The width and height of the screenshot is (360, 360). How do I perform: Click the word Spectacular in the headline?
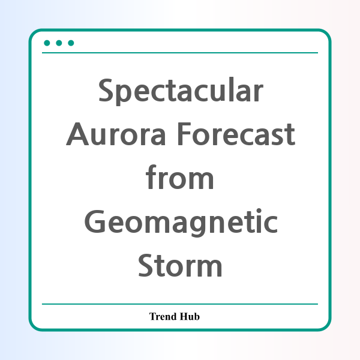pos(181,91)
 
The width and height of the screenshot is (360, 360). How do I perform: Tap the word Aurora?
pos(116,134)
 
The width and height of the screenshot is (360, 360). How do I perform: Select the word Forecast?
pos(236,134)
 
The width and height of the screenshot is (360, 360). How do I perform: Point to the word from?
pos(180,177)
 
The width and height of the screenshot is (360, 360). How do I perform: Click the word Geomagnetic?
pos(181,223)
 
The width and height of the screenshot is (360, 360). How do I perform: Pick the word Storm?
pos(180,265)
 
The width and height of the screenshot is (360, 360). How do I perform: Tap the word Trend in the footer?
pos(163,316)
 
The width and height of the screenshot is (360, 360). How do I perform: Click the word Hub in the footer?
pos(190,316)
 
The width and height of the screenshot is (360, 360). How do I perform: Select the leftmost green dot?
pos(47,43)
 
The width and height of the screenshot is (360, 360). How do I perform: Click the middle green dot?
pos(59,43)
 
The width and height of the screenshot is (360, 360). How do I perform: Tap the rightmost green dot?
pos(71,43)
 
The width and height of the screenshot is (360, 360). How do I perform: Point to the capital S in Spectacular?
pos(106,89)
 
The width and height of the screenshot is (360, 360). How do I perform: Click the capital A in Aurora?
pos(77,134)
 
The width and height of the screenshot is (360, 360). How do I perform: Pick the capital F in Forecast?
pos(184,134)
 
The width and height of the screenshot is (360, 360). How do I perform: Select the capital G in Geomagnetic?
pos(95,221)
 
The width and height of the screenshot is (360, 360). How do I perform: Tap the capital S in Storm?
pos(145,265)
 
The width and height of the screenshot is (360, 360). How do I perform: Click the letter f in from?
pos(151,177)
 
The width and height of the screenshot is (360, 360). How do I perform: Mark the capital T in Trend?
pos(153,316)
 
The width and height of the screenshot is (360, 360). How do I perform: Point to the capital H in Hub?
pos(184,316)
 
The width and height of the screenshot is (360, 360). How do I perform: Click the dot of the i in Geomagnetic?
pos(259,211)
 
